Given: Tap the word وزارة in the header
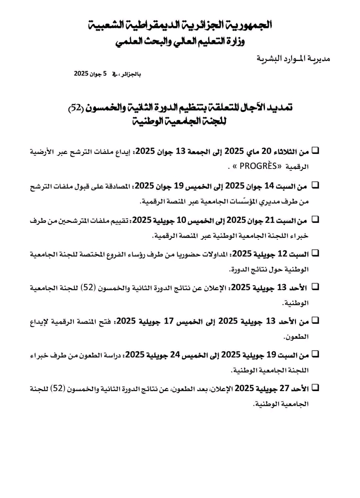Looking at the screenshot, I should (x=248, y=43).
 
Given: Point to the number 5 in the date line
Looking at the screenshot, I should (x=105, y=73).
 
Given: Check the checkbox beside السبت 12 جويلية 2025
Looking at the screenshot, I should (x=315, y=253).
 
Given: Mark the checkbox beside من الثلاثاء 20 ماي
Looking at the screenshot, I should (x=315, y=150).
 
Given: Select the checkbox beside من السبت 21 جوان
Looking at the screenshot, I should (x=315, y=219).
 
